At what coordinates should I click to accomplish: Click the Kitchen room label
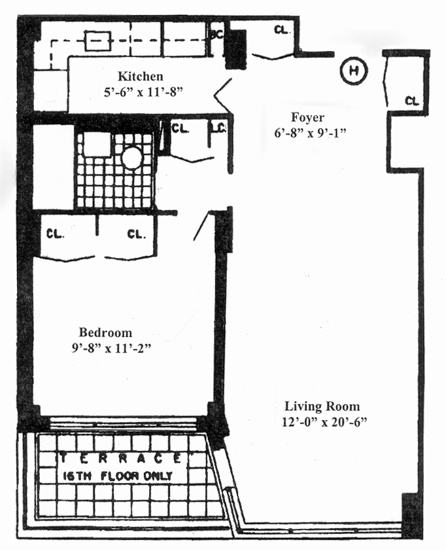point(140,77)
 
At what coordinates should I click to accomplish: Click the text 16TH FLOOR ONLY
point(118,476)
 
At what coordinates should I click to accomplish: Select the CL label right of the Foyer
point(411,101)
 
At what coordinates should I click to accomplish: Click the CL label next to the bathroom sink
point(180,128)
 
